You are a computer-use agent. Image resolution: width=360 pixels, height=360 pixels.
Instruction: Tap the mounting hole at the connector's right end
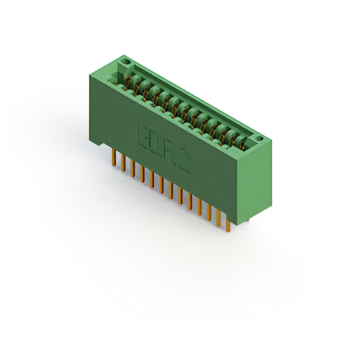tap(259, 138)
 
